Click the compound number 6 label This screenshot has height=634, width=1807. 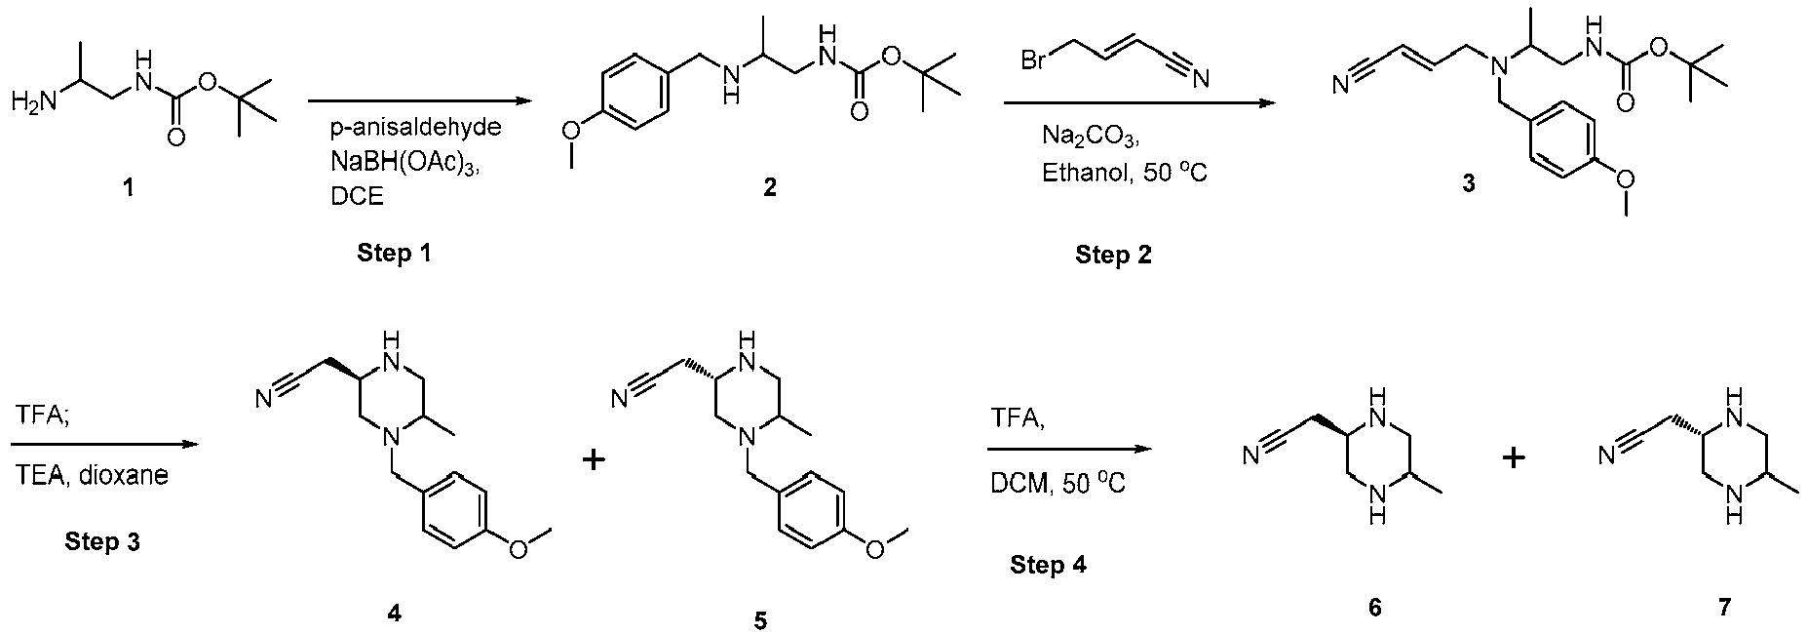coord(1374,608)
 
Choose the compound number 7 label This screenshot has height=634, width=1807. coord(1725,608)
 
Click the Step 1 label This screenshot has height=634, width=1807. coord(394,254)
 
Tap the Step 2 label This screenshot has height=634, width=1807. coord(1113,256)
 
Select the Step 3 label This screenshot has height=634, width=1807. coord(102,541)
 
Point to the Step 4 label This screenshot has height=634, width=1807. coord(1048,565)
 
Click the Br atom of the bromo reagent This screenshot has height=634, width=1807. coord(1034,60)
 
